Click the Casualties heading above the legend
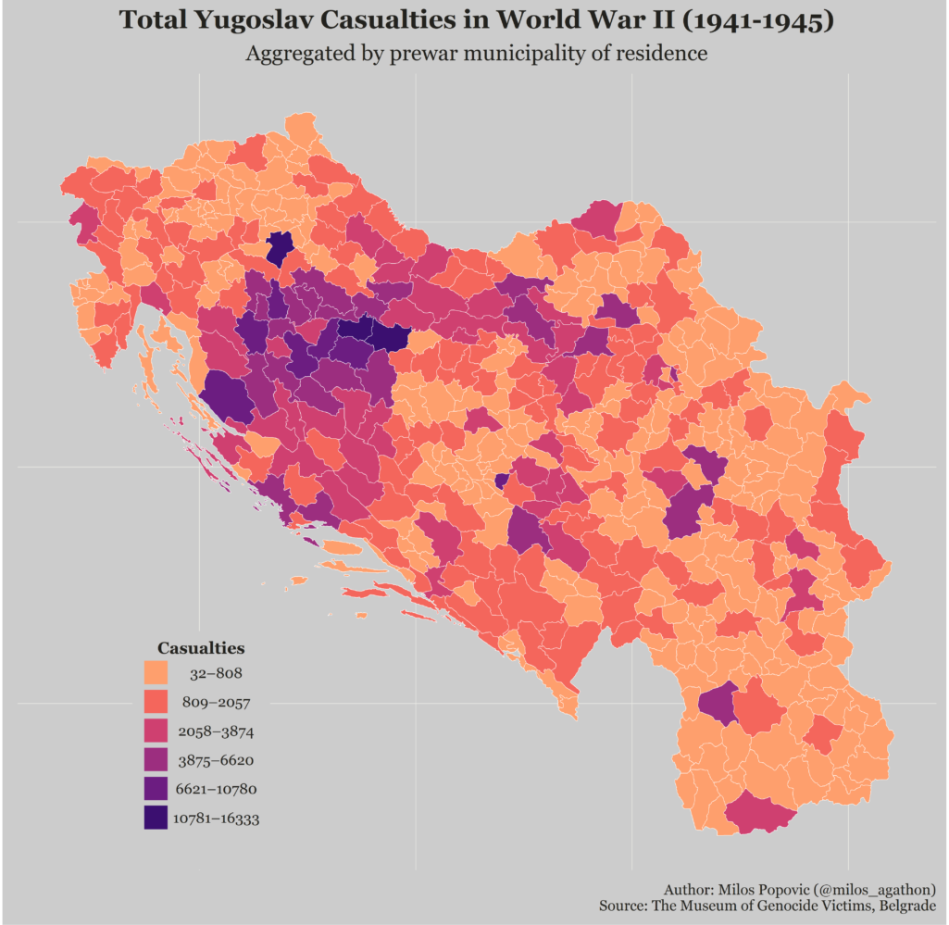201,648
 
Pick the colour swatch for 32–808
156,673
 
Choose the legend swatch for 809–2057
156,702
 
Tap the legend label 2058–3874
216,731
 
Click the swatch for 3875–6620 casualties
156,760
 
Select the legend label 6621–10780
216,790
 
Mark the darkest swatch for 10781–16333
156,819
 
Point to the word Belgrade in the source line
906,905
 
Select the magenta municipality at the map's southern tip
759,816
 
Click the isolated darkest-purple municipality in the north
280,249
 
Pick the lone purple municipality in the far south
717,704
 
